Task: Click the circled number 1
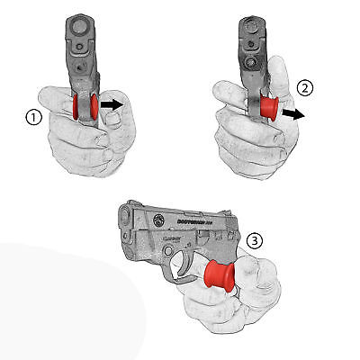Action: [35, 116]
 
